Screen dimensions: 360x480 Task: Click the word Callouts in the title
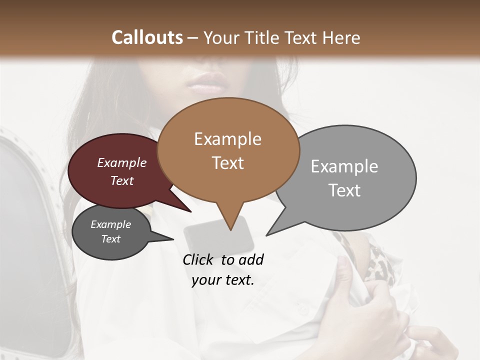click(147, 37)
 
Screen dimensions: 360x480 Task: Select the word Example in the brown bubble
click(227, 139)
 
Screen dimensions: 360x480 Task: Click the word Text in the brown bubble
click(227, 162)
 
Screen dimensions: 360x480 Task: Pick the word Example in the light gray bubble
click(344, 166)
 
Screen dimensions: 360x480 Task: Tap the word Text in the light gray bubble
click(344, 190)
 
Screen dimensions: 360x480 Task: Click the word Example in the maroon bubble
click(121, 162)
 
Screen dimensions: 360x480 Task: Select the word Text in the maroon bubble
click(121, 180)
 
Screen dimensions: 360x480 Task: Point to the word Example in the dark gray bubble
click(110, 224)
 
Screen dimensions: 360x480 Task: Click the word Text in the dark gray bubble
click(110, 239)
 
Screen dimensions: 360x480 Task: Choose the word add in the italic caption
click(251, 259)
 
